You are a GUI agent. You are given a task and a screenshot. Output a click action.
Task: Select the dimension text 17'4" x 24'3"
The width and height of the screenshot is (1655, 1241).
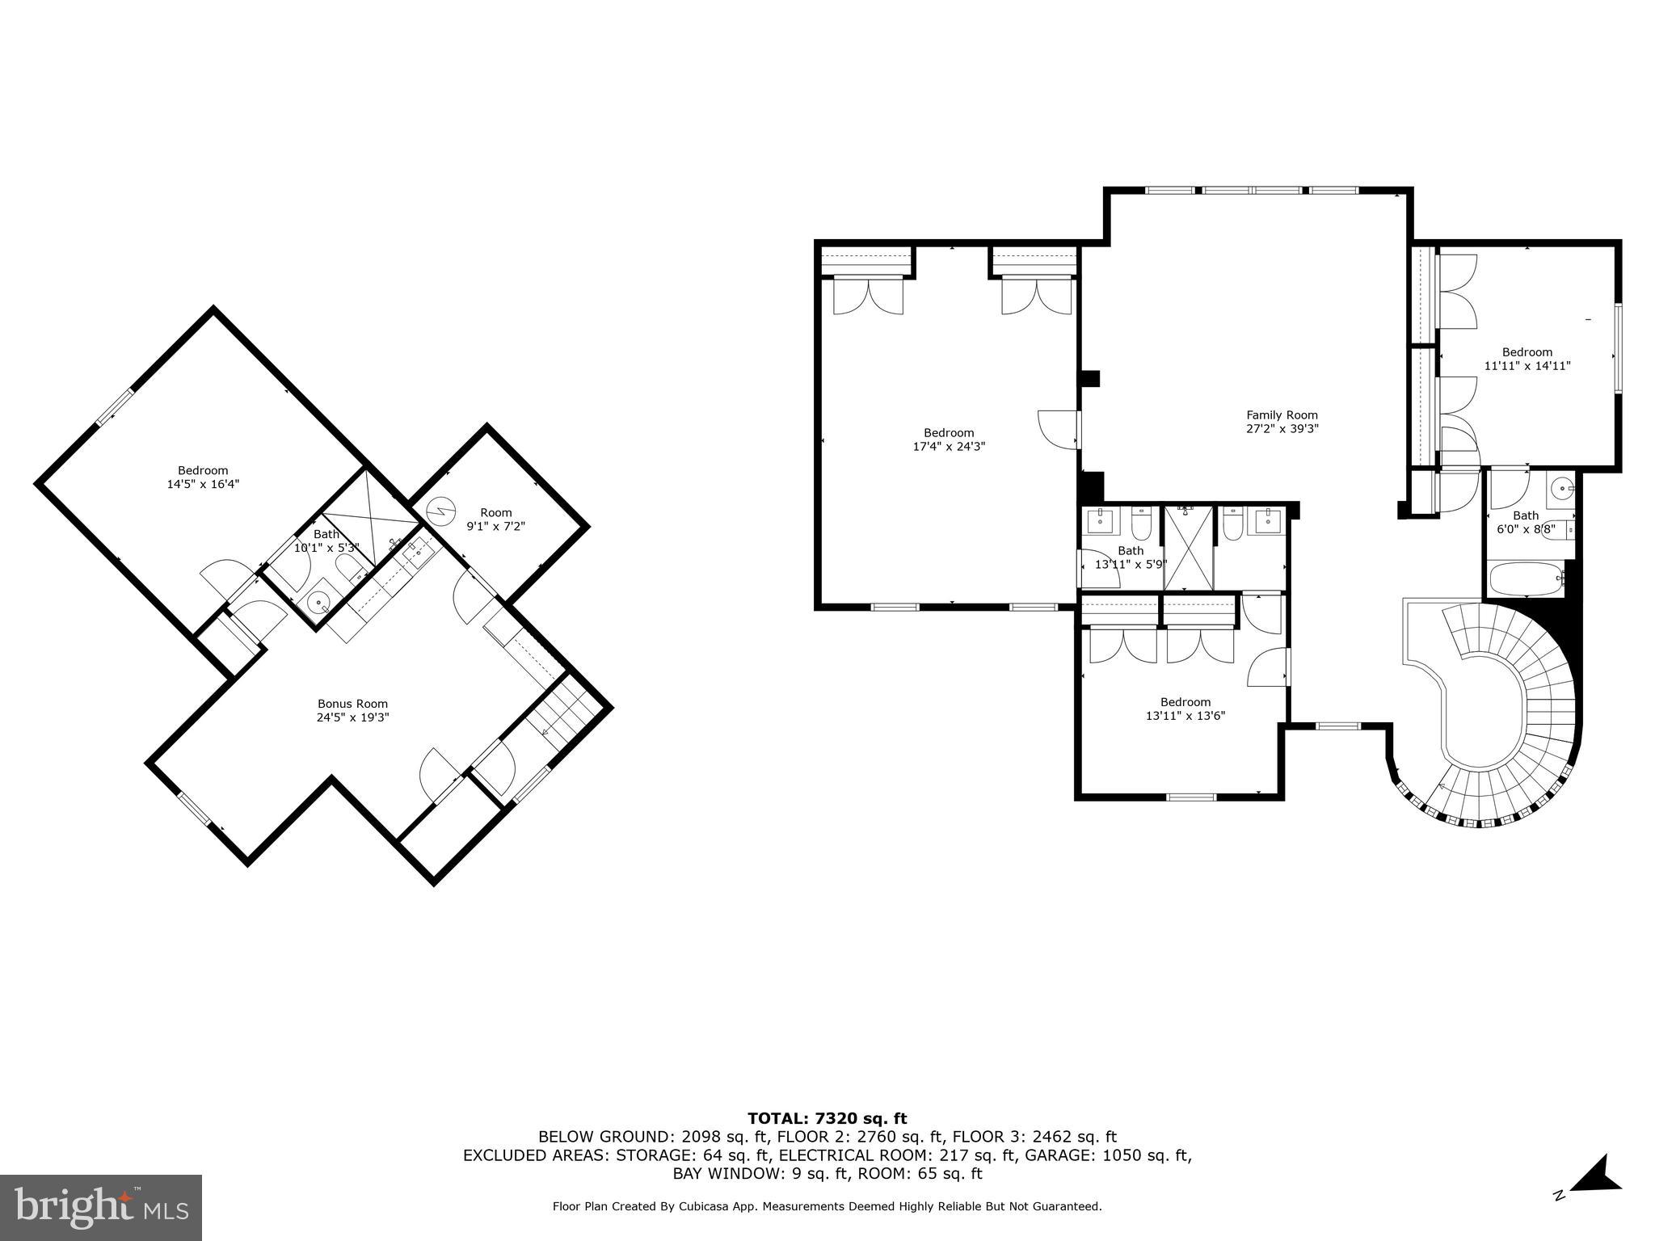[x=949, y=446]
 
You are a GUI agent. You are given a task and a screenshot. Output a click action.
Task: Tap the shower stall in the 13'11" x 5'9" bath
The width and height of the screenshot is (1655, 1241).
[x=1188, y=548]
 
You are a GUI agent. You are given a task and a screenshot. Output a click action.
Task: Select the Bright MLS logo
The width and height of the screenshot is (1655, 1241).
[x=101, y=1207]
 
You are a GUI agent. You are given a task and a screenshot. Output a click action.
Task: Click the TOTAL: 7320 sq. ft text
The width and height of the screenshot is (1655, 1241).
[x=827, y=1119]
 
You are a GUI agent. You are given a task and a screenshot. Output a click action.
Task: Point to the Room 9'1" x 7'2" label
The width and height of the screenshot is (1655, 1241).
[x=495, y=519]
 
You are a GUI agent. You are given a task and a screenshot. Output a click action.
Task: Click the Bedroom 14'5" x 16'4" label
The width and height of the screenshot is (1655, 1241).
[x=203, y=477]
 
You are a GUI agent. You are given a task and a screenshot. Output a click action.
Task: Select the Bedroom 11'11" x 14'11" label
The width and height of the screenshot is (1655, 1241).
[x=1527, y=359]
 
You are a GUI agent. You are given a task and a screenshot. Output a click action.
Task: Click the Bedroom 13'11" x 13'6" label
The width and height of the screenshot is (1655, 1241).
[x=1185, y=709]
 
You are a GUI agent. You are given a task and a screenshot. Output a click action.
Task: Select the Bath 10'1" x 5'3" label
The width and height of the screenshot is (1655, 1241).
[x=326, y=541]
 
